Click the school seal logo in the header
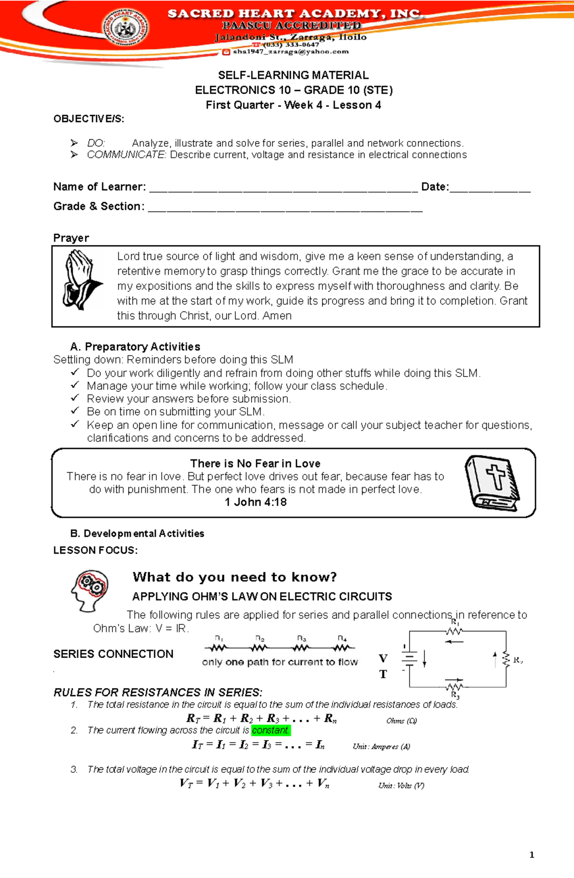[x=126, y=28]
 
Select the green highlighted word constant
[x=271, y=730]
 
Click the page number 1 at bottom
[x=531, y=855]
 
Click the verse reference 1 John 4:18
[x=255, y=502]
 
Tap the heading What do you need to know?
[x=234, y=577]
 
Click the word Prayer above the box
[x=71, y=238]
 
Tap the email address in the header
[x=290, y=52]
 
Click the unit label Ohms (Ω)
[x=401, y=721]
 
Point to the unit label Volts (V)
[x=401, y=785]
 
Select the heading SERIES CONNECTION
[x=113, y=654]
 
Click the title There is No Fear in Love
[x=255, y=463]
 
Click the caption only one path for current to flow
[x=280, y=662]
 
